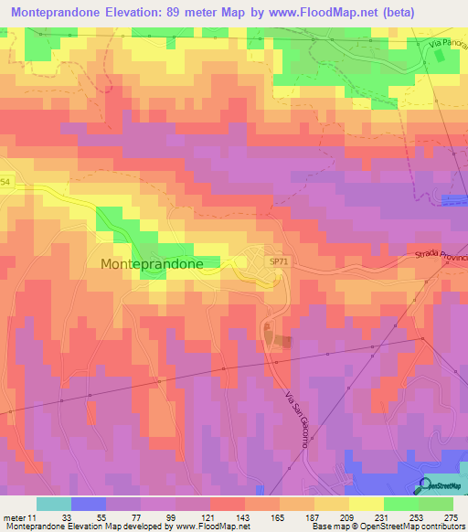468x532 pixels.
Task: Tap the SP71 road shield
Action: point(280,261)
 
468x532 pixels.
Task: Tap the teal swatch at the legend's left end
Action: point(54,504)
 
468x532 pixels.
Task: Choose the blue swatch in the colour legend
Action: point(89,504)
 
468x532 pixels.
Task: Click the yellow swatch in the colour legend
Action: point(367,504)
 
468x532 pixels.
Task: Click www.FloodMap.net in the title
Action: point(285,13)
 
